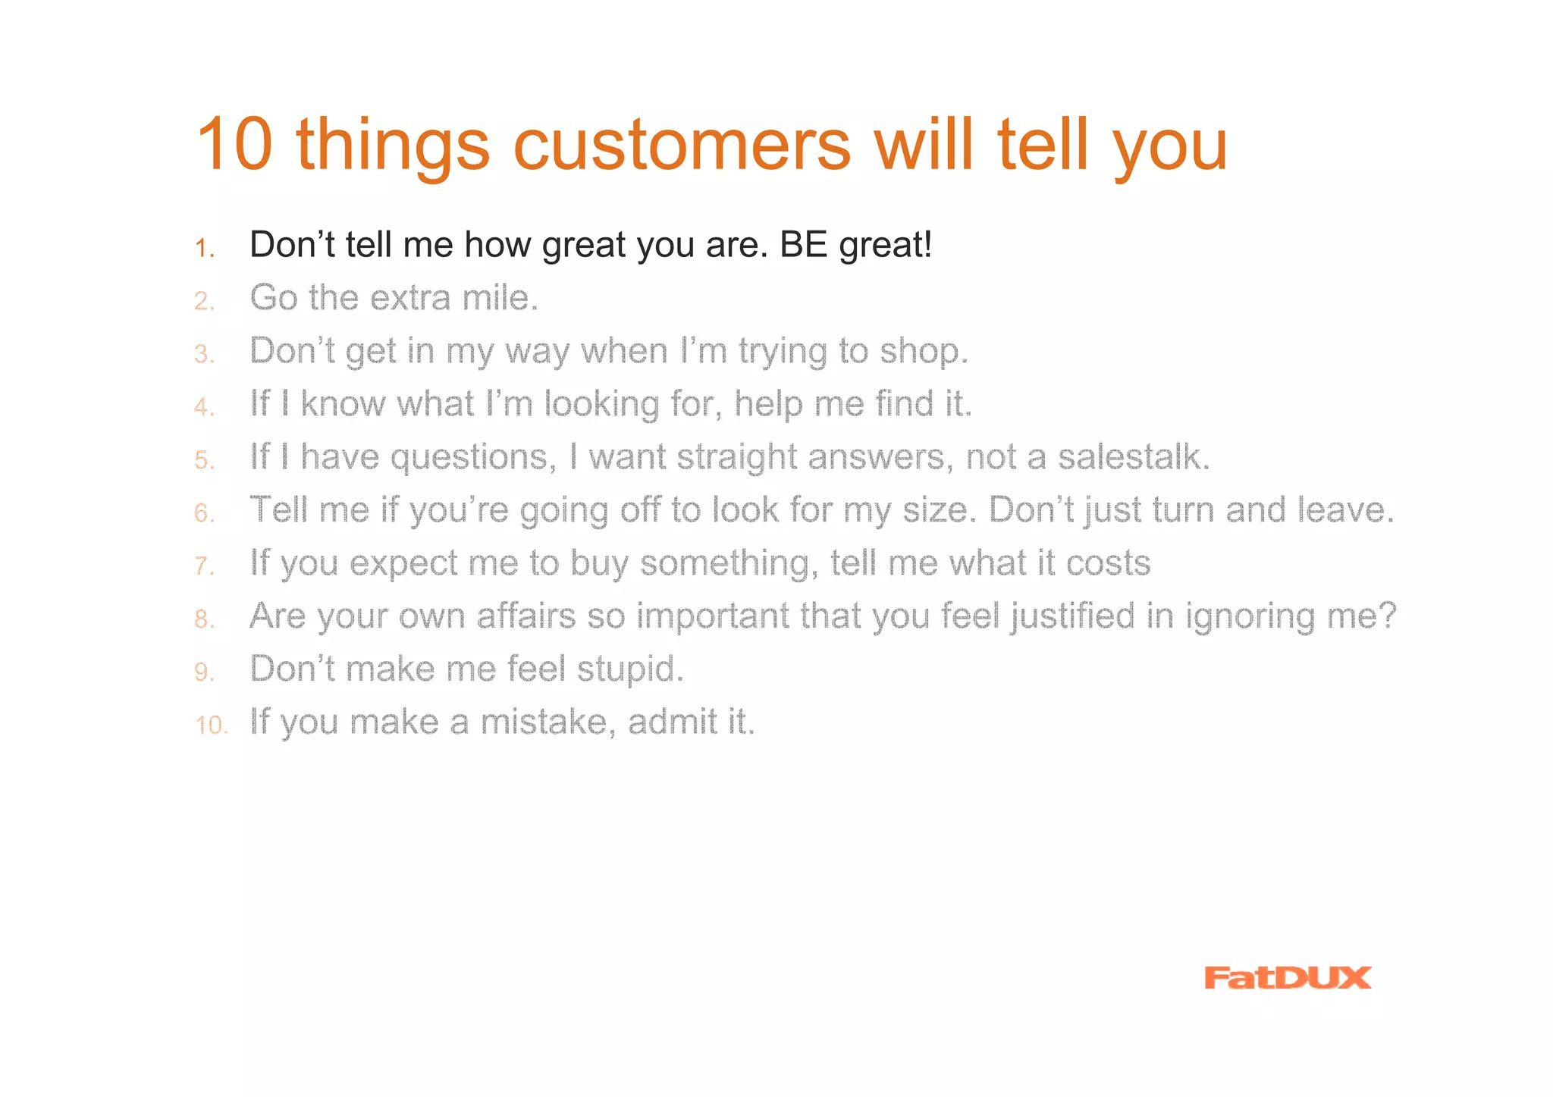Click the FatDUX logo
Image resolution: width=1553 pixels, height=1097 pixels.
[x=1287, y=978]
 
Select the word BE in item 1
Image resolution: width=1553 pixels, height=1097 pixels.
[x=803, y=245]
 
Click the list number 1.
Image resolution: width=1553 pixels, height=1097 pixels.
[x=204, y=249]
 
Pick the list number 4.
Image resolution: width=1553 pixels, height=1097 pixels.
[x=204, y=408]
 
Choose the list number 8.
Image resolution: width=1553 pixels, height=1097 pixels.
[x=204, y=619]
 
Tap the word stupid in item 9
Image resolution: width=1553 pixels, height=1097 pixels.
[x=629, y=670]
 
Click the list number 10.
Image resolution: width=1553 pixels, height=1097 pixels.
[x=211, y=726]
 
